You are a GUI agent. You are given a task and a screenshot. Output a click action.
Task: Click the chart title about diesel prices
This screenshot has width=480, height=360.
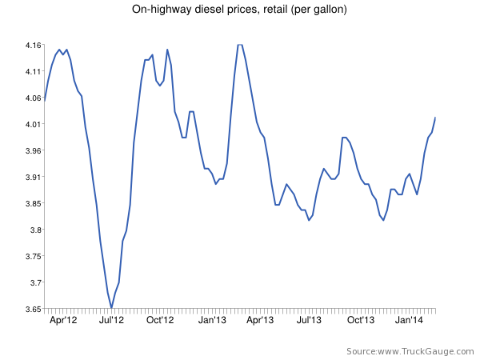(x=239, y=10)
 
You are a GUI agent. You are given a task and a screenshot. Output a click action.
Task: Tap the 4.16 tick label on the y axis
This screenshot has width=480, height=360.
(x=32, y=46)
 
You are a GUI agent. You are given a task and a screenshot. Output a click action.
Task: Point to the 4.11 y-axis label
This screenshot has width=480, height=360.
(x=32, y=72)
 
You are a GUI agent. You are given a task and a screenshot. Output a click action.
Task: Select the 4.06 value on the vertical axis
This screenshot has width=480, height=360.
(x=32, y=98)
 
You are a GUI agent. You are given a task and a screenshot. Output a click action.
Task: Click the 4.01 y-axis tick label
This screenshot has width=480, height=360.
(x=32, y=125)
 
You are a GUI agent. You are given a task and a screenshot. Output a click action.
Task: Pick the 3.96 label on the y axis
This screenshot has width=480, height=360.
(x=32, y=151)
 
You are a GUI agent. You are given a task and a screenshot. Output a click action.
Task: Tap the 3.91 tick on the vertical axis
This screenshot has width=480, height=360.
(x=32, y=178)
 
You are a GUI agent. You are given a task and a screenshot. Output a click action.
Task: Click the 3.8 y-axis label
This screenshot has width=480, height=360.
(x=34, y=230)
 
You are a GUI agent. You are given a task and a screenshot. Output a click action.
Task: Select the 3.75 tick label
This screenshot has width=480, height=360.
(x=32, y=257)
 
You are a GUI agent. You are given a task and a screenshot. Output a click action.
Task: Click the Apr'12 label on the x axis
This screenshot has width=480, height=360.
(x=63, y=320)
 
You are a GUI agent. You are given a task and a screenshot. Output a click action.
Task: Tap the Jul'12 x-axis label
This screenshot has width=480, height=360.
(x=111, y=320)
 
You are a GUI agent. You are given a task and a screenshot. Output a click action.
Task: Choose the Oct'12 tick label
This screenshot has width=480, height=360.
(x=160, y=320)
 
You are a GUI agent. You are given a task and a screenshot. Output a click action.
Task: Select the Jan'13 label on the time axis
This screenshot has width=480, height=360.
(x=212, y=320)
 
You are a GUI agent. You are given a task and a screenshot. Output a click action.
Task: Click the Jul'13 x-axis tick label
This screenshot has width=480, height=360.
(x=310, y=320)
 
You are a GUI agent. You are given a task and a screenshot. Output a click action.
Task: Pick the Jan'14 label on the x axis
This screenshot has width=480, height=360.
(x=410, y=320)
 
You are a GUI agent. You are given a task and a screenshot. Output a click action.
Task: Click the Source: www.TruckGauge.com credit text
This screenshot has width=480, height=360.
(x=409, y=351)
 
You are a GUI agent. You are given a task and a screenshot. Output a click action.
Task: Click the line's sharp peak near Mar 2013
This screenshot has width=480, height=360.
(x=239, y=45)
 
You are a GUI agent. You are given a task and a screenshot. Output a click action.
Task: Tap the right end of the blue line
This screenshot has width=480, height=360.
(x=435, y=118)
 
